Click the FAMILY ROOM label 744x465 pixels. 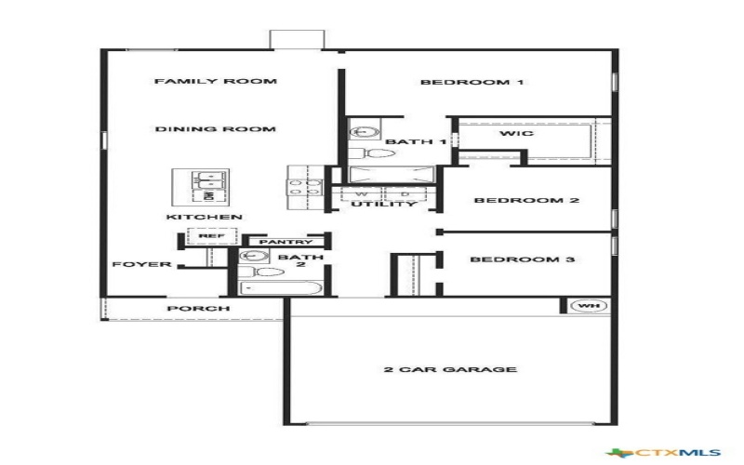tap(215, 82)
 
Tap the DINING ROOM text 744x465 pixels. tap(215, 129)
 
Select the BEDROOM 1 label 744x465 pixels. tap(472, 83)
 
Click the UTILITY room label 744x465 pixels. tap(383, 204)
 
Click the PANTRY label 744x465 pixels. tap(278, 242)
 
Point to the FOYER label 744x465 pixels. tap(141, 264)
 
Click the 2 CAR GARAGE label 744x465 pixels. tap(450, 370)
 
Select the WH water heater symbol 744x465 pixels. tap(586, 306)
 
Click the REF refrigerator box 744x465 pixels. tap(206, 236)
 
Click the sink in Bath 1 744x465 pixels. tap(360, 133)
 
